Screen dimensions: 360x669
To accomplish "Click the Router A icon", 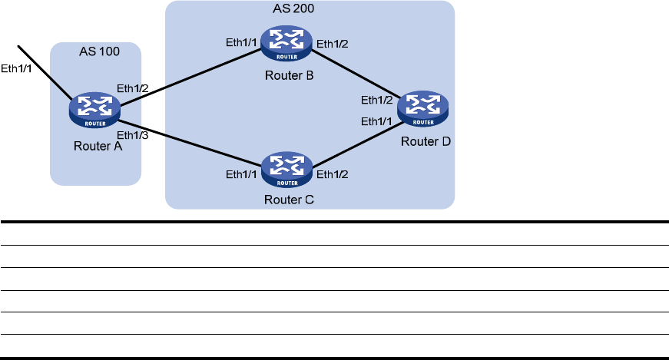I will point(94,111).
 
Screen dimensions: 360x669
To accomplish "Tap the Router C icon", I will point(286,170).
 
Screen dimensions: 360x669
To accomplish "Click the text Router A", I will point(96,146).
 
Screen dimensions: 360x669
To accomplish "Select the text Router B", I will point(288,77).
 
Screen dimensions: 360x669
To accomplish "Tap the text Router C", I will point(288,201).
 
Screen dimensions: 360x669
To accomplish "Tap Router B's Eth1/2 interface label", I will point(333,42).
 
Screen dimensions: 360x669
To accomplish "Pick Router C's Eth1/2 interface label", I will point(333,173).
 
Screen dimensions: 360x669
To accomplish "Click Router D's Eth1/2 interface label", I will point(377,100).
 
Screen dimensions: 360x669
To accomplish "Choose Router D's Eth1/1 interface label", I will point(377,121).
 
